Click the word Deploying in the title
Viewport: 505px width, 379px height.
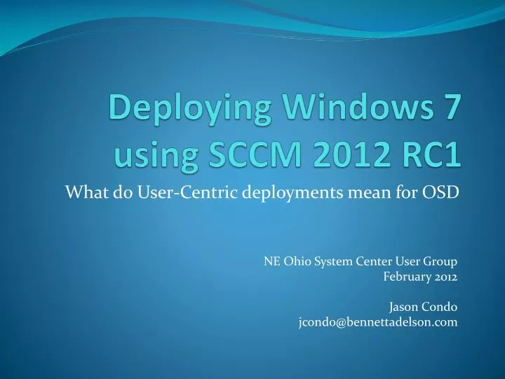pos(189,109)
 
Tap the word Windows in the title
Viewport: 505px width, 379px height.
pos(358,107)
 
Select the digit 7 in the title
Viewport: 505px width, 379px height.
pos(451,107)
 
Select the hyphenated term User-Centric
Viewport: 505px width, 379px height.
pos(188,192)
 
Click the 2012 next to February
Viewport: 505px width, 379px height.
pos(446,277)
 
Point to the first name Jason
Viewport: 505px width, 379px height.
pos(402,307)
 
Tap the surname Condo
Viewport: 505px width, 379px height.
pos(438,307)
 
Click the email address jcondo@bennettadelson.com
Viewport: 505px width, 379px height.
pos(378,322)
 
